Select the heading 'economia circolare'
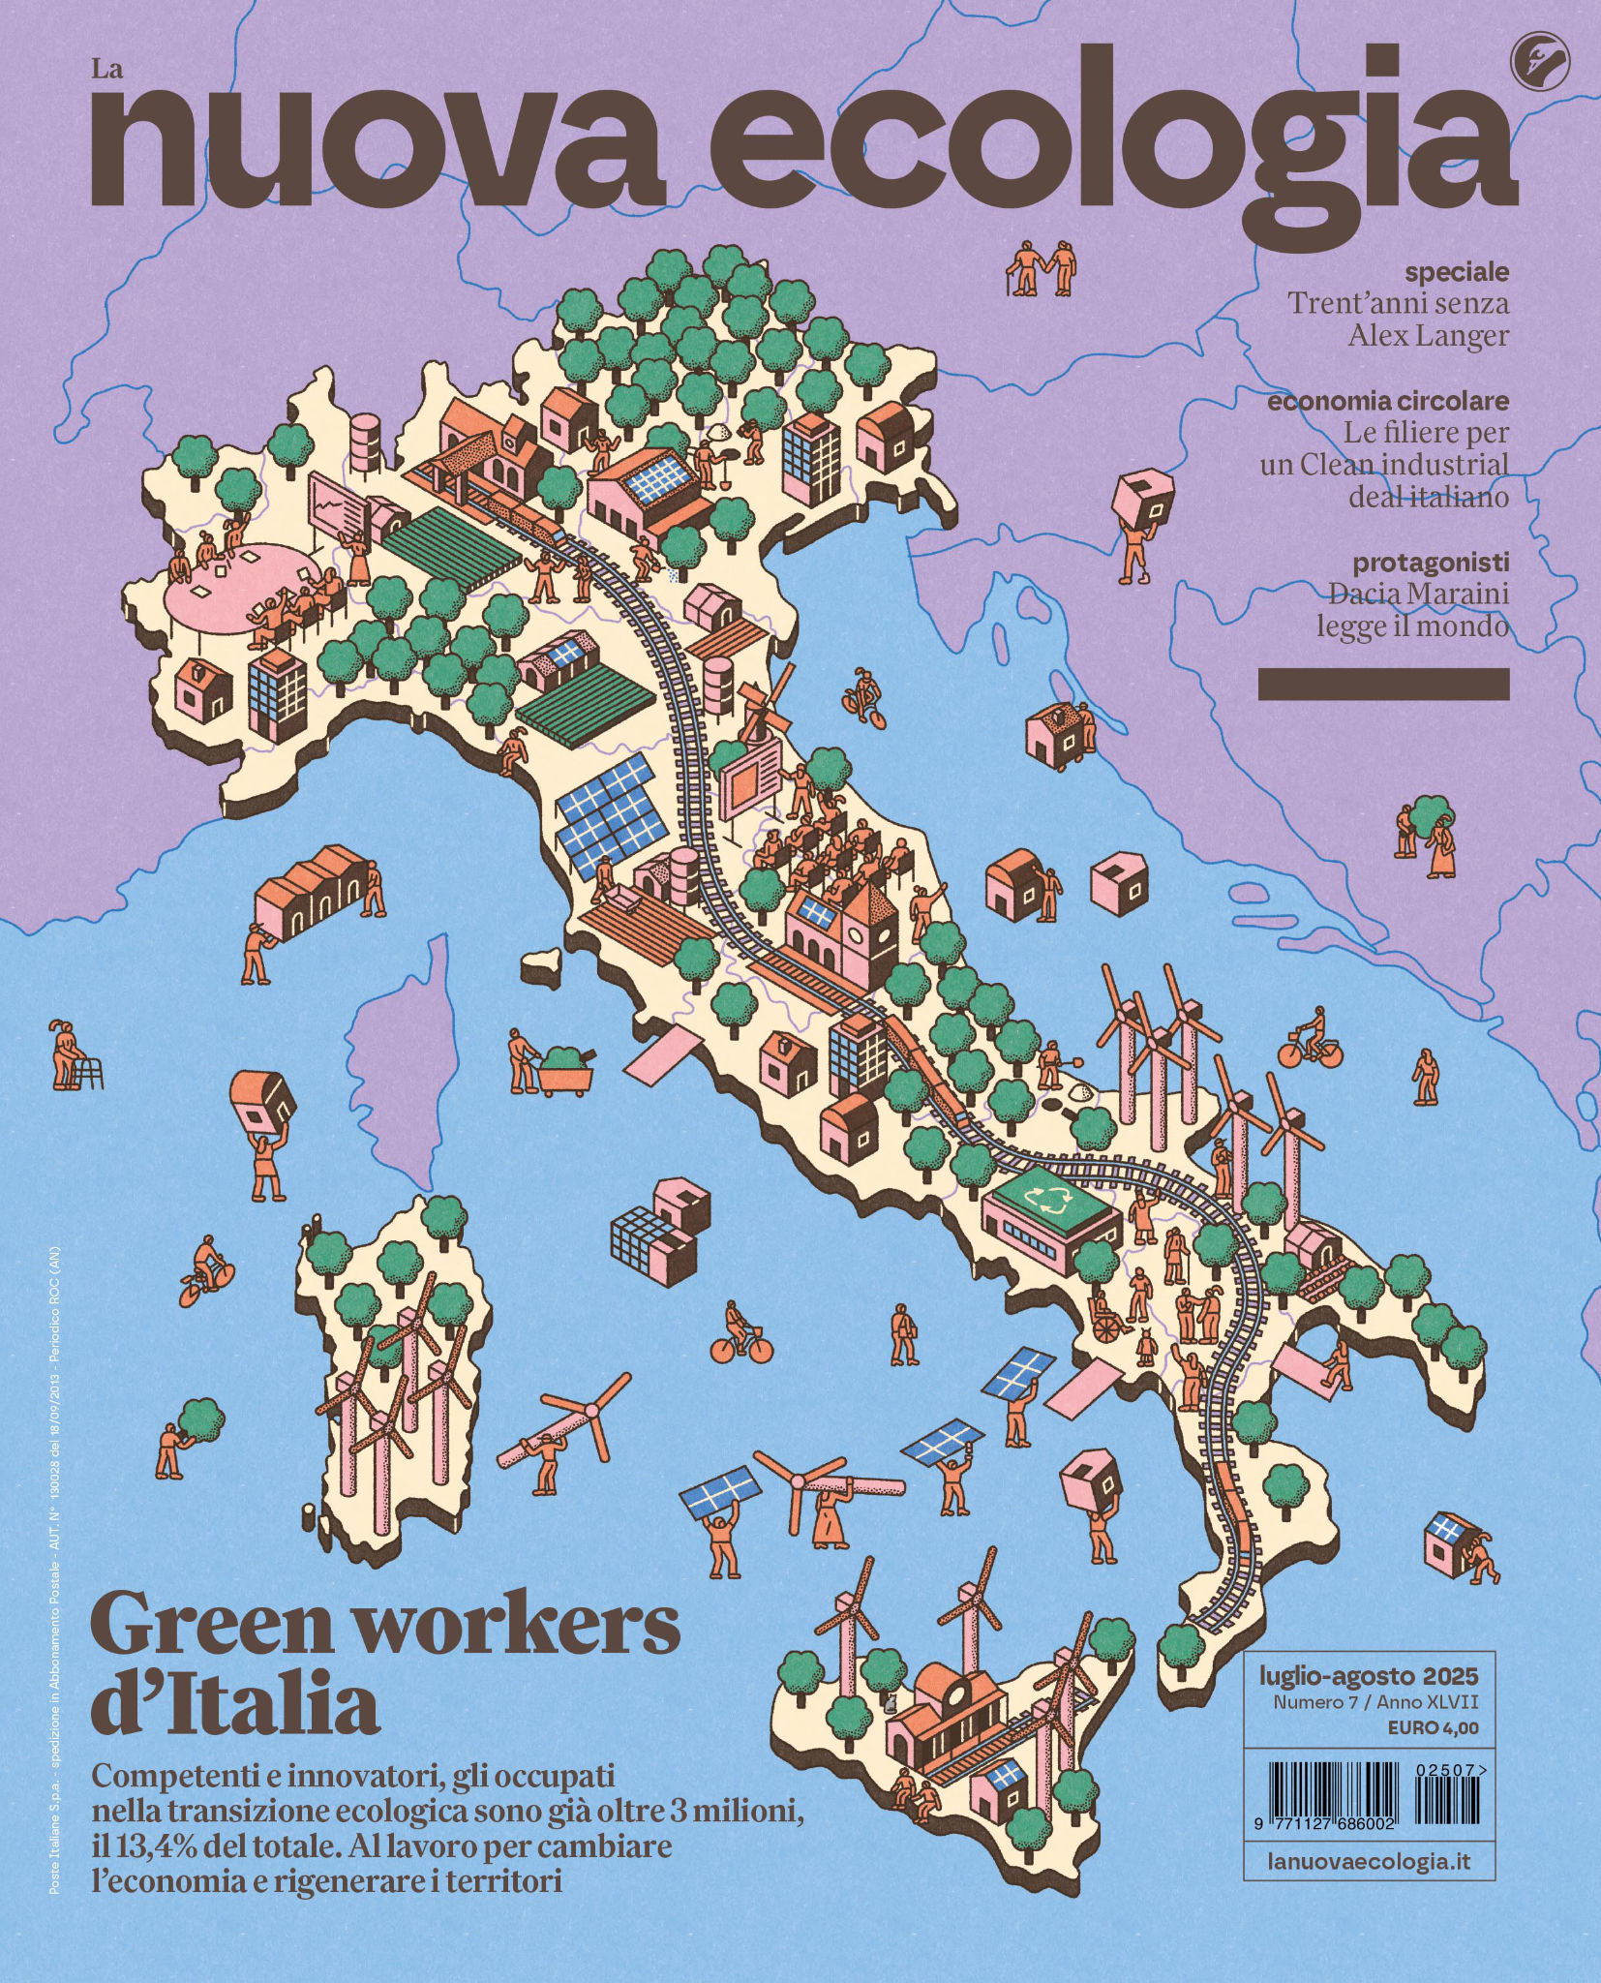coord(1387,400)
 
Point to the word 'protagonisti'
coord(1430,562)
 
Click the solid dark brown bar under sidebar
coord(1382,684)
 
